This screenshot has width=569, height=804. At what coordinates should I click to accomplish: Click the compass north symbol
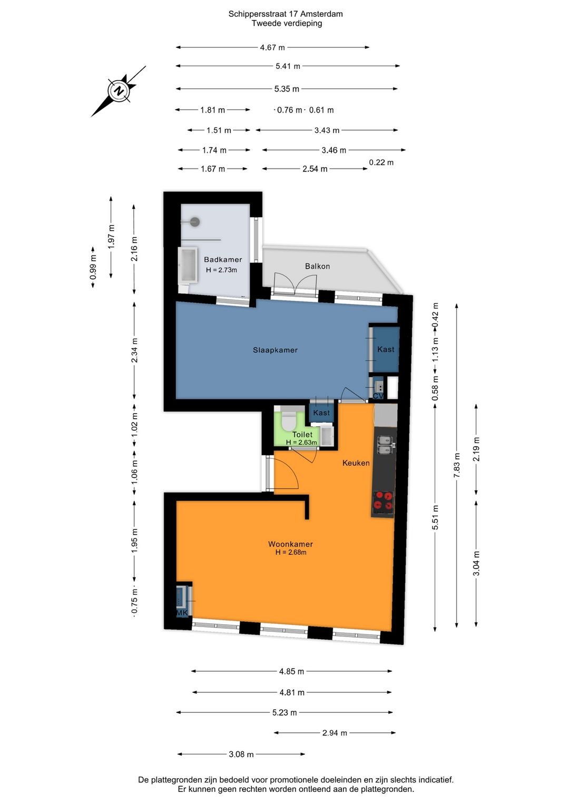pyautogui.click(x=119, y=91)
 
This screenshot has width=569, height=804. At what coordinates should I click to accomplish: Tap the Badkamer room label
pyautogui.click(x=223, y=259)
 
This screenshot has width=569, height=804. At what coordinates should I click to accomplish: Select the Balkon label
pyautogui.click(x=317, y=266)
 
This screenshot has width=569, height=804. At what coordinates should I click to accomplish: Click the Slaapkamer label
pyautogui.click(x=276, y=350)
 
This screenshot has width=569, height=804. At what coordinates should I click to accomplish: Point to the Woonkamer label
pyautogui.click(x=290, y=544)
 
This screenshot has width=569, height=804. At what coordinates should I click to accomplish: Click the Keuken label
pyautogui.click(x=356, y=463)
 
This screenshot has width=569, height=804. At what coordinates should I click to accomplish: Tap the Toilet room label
pyautogui.click(x=302, y=434)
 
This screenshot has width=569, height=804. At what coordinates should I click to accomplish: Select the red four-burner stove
pyautogui.click(x=382, y=501)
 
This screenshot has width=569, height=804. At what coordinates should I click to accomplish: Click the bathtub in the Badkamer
pyautogui.click(x=188, y=264)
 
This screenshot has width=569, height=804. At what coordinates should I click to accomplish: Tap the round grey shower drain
pyautogui.click(x=194, y=222)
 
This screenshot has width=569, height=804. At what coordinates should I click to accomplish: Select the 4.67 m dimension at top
pyautogui.click(x=272, y=47)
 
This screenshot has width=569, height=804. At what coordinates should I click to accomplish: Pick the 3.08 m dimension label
pyautogui.click(x=241, y=754)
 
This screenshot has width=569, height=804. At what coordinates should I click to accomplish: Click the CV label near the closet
pyautogui.click(x=378, y=396)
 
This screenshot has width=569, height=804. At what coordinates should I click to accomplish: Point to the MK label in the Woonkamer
pyautogui.click(x=182, y=613)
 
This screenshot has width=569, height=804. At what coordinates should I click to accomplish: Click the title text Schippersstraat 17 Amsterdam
pyautogui.click(x=286, y=14)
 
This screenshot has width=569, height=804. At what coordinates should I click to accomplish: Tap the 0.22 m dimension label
pyautogui.click(x=381, y=162)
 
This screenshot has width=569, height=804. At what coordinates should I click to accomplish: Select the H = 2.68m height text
pyautogui.click(x=291, y=552)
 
